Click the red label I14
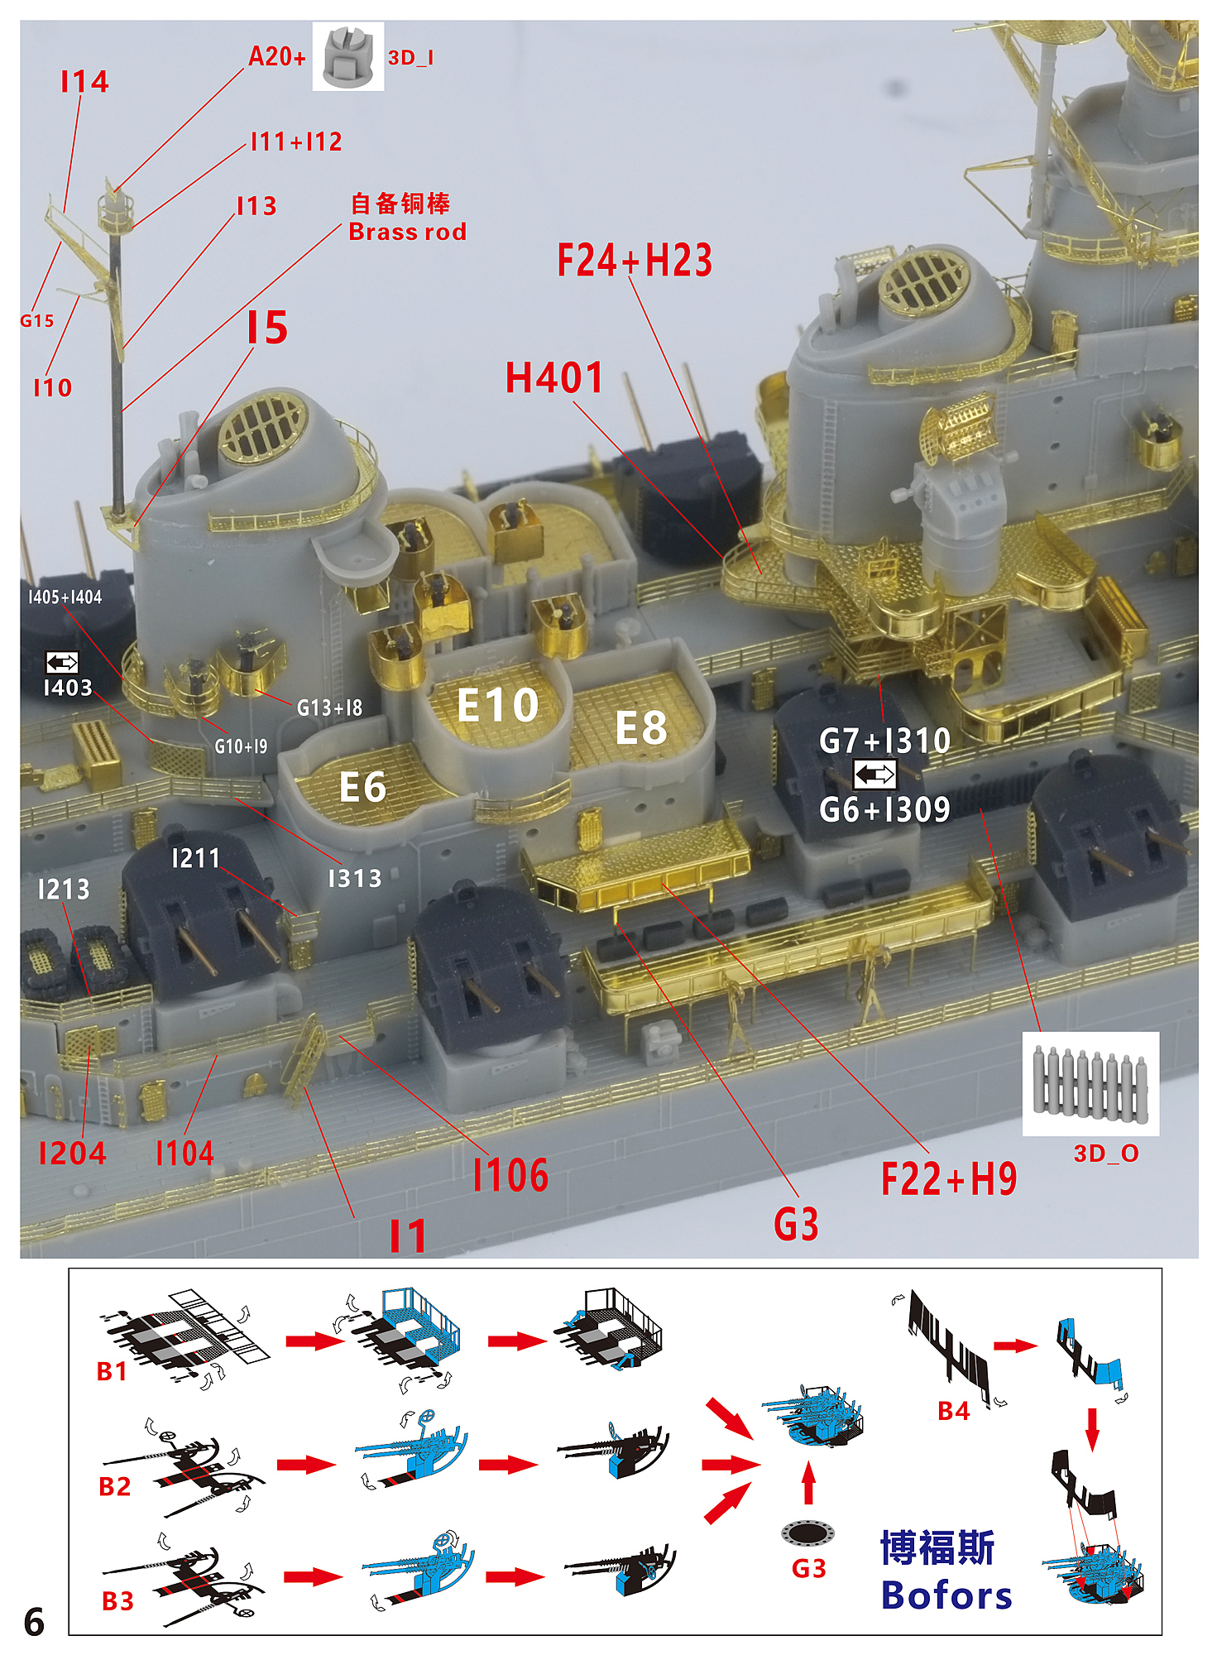(84, 81)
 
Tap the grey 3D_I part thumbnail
(347, 56)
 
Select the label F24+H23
(635, 260)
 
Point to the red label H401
(554, 378)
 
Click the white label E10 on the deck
(498, 705)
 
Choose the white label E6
(362, 786)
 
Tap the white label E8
(641, 728)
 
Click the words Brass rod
(407, 232)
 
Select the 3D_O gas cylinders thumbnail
(1090, 1083)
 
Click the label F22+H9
(949, 1178)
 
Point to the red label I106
(510, 1175)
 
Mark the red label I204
(72, 1153)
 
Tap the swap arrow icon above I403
(62, 662)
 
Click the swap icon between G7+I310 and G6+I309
(874, 775)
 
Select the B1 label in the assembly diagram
(112, 1371)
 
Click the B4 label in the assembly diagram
(953, 1411)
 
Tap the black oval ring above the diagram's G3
(807, 1533)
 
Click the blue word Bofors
(946, 1595)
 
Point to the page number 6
(34, 1622)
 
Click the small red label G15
(37, 321)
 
